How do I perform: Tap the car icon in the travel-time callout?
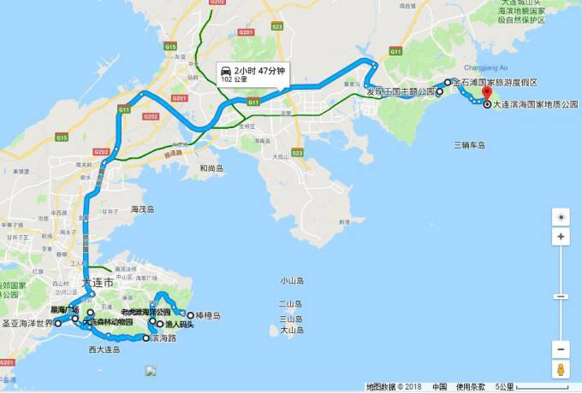tap(225, 69)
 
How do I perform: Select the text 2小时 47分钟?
tap(258, 70)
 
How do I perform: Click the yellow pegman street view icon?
tap(560, 370)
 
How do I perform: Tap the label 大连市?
tap(97, 282)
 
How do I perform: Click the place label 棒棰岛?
tap(205, 315)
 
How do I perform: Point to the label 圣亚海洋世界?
tap(27, 325)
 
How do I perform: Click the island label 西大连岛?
tap(104, 349)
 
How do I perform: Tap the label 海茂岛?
tap(142, 209)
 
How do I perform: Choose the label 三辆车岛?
tap(470, 145)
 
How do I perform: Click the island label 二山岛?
tap(292, 304)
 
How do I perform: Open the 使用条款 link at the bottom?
tap(470, 387)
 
